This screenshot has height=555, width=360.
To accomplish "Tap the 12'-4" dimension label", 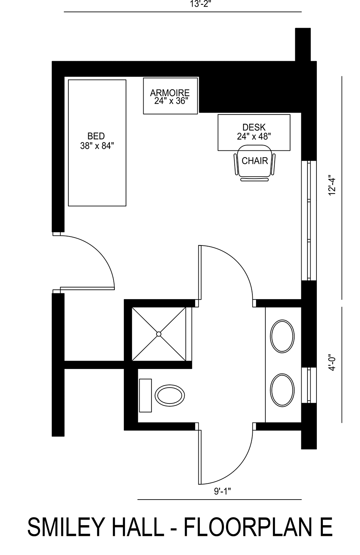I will [332, 185].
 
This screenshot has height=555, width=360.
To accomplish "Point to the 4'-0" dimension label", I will [332, 364].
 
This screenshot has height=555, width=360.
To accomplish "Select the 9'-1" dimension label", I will [220, 492].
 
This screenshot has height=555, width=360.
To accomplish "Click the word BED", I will [96, 136].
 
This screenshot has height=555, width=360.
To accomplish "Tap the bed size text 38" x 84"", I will [97, 146].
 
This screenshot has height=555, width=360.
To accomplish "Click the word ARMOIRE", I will [170, 93].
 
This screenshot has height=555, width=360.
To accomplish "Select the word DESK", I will [254, 127].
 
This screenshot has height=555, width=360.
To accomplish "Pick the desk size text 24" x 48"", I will [254, 136].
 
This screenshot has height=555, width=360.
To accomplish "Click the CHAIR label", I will [255, 161].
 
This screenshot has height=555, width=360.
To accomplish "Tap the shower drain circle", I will [158, 334].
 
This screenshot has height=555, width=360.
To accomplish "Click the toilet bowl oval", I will [170, 396].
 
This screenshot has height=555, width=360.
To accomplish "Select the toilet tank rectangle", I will [145, 395].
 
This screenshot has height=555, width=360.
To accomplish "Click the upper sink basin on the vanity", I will [282, 337].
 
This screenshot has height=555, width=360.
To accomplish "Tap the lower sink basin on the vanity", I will [282, 390].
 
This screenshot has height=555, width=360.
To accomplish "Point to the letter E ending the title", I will [325, 528].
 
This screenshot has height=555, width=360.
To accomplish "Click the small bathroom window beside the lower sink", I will [309, 385].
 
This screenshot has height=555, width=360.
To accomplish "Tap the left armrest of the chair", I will [236, 164].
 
